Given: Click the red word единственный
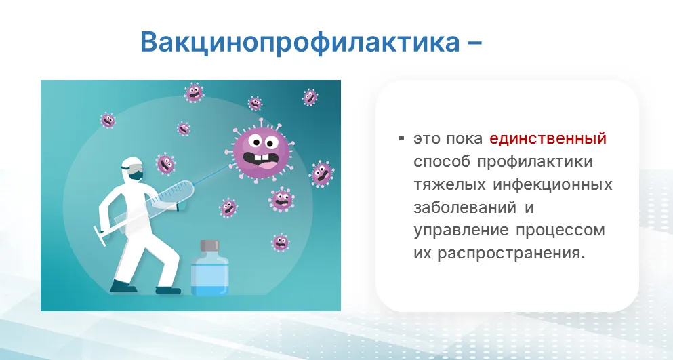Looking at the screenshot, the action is click(x=548, y=139).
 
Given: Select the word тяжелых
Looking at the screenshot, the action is click(x=449, y=185).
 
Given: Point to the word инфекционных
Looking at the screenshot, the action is click(x=552, y=185).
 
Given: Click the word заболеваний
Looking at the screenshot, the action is click(x=465, y=207).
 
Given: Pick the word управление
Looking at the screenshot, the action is click(x=461, y=231).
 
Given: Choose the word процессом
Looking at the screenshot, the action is click(x=560, y=231).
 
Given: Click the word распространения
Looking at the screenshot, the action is click(x=511, y=254).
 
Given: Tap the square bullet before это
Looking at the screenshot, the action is click(x=402, y=138).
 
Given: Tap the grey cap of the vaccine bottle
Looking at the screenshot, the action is click(x=210, y=245).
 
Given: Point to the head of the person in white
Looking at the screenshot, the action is click(x=132, y=168).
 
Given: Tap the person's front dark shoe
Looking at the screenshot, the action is click(x=168, y=291).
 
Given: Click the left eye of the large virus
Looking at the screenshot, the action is click(x=256, y=140).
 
